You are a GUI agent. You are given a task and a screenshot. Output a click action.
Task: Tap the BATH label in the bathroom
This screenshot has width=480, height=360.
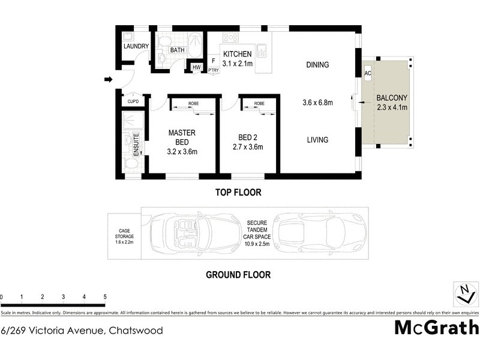[177, 50]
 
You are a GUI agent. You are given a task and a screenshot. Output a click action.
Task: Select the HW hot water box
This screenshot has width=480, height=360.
[196, 67]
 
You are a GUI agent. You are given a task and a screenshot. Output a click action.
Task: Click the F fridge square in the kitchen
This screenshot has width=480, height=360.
[213, 61]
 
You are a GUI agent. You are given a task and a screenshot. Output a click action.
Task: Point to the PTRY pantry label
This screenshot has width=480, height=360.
[213, 70]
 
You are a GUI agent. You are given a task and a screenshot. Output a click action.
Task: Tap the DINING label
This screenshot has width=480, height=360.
[317, 65]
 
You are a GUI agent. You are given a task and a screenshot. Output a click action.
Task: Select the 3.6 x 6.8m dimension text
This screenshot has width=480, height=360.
[317, 103]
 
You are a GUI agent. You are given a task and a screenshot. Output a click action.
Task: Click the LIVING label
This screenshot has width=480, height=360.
[317, 140]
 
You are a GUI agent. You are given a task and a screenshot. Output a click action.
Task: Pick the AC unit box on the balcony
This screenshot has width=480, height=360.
[368, 73]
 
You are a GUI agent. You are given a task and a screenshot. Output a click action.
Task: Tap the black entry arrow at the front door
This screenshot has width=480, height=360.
[108, 79]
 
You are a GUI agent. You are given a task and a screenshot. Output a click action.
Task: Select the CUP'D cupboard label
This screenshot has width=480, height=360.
[133, 102]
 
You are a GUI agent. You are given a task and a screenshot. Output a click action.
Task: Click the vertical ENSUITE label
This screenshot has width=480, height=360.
[136, 145]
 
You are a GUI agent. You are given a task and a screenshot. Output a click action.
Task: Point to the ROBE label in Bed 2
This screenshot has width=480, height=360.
[259, 104]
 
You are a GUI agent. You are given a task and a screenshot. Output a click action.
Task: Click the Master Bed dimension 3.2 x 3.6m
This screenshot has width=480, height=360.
[182, 151]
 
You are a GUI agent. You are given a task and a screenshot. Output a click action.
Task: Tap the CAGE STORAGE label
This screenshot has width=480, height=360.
[124, 234]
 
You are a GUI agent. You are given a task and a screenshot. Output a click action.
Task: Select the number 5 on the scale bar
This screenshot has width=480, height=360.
[105, 297]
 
